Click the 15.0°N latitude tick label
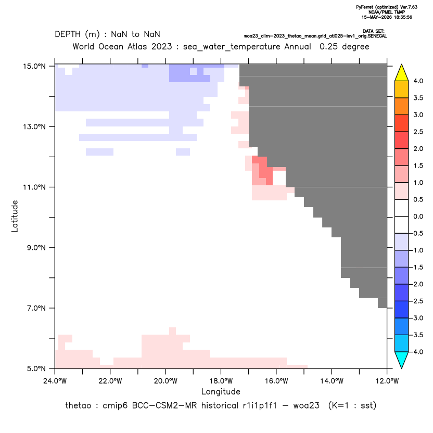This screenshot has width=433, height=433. (x=34, y=66)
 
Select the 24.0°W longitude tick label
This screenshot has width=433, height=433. (x=55, y=381)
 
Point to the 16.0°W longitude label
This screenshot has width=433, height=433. (x=276, y=381)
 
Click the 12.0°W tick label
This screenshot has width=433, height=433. (x=387, y=381)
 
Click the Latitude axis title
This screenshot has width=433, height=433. (x=15, y=216)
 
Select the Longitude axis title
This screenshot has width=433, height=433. (x=221, y=391)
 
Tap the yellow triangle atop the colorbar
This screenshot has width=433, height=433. (x=402, y=73)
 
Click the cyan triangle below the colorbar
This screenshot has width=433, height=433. (x=402, y=360)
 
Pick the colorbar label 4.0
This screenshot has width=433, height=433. (x=418, y=81)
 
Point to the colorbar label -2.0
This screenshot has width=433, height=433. (x=417, y=284)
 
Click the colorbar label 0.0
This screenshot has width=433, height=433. (x=418, y=216)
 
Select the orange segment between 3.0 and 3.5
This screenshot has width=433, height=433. (x=402, y=106)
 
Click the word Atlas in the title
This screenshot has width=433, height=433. (x=137, y=46)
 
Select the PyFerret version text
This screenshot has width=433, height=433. (x=387, y=7)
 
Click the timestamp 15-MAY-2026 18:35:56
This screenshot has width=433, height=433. (x=387, y=17)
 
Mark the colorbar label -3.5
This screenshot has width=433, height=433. (x=417, y=335)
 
